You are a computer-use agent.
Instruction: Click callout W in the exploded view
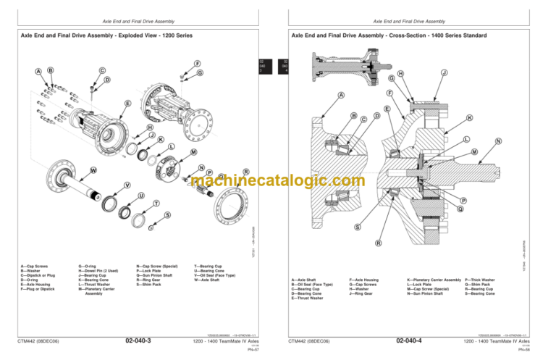pyautogui.click(x=93, y=170)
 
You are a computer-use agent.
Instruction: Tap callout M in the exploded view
pyautogui.click(x=193, y=152)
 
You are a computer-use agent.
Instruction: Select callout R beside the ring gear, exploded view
pyautogui.click(x=246, y=172)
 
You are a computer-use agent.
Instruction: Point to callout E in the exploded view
pyautogui.click(x=127, y=104)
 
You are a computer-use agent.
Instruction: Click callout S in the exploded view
pyautogui.click(x=168, y=215)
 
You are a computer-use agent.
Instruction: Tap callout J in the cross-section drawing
pyautogui.click(x=444, y=72)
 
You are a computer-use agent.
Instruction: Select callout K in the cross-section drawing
pyautogui.click(x=470, y=117)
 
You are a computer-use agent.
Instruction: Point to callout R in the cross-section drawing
pyautogui.click(x=378, y=243)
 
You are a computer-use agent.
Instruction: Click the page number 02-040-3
pyautogui.click(x=138, y=339)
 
